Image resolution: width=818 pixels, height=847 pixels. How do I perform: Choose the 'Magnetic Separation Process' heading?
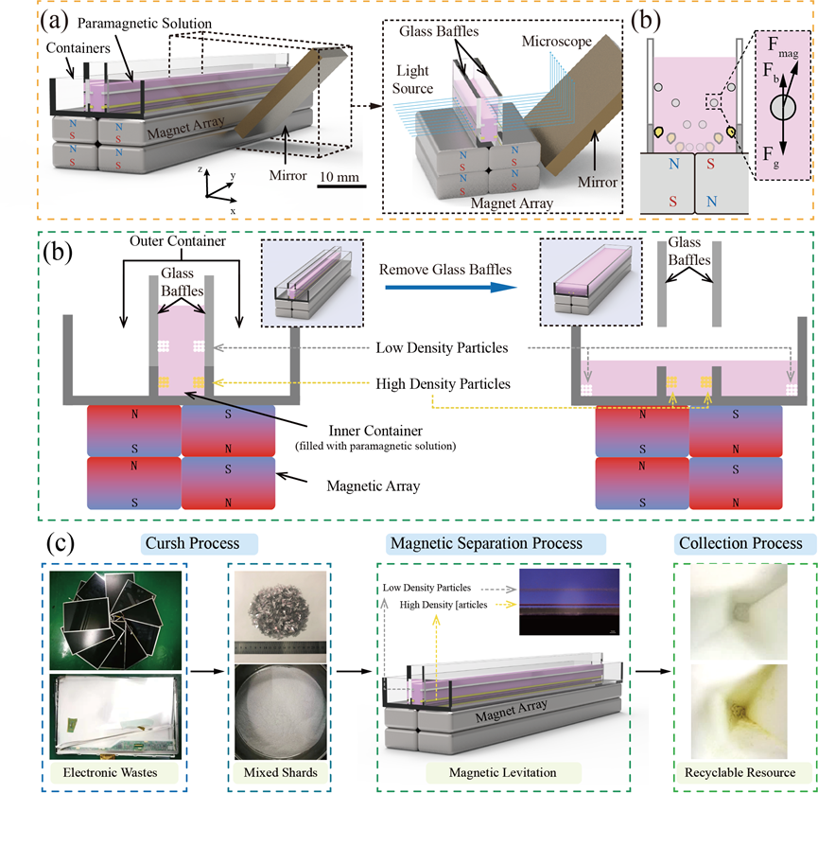[x=483, y=544]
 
